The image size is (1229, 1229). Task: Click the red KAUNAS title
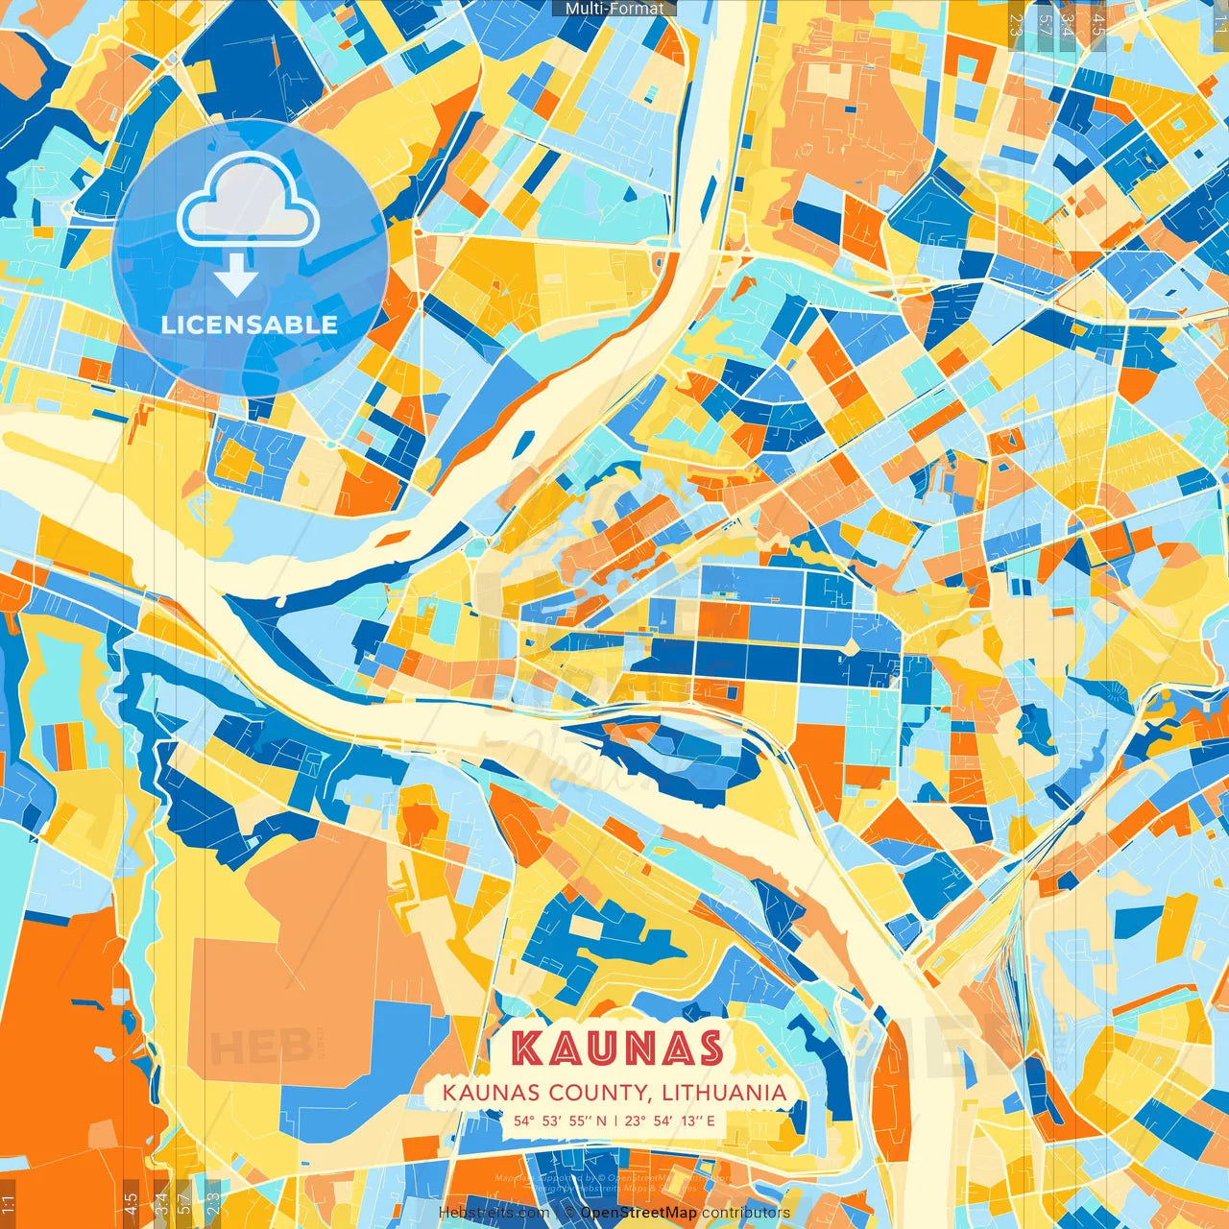coord(616,1048)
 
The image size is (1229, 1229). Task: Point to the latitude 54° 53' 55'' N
coord(561,1121)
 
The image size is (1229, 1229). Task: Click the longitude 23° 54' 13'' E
coord(669,1121)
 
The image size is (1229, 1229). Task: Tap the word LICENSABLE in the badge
coord(250,325)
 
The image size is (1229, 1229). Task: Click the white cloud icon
coord(248,200)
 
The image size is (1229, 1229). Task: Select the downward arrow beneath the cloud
coord(236,277)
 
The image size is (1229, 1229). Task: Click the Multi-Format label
coord(614,9)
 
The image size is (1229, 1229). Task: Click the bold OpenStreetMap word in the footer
coord(639,1213)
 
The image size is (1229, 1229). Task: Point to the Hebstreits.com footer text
coord(494,1213)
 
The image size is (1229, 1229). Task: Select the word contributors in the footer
coord(746,1213)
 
